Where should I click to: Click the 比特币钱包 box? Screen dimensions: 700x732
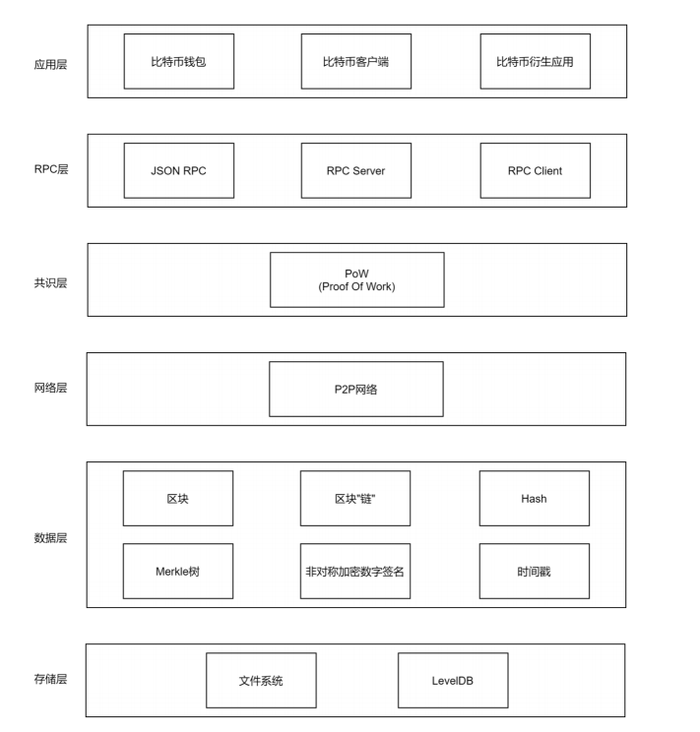click(179, 61)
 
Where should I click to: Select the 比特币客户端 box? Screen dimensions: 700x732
click(356, 61)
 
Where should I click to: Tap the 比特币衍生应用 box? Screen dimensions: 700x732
click(535, 61)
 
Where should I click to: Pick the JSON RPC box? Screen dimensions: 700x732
click(179, 170)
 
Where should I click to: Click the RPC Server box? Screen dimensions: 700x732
click(356, 170)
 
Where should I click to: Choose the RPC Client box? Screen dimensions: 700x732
click(535, 170)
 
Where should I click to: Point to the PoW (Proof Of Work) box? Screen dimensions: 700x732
click(357, 279)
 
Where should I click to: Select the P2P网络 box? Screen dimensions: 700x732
click(356, 389)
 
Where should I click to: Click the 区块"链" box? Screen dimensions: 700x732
click(355, 498)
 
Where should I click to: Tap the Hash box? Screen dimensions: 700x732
click(535, 498)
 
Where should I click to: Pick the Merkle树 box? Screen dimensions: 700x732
click(178, 571)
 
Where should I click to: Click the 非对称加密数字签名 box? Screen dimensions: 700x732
click(355, 571)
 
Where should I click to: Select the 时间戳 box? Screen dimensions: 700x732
click(535, 571)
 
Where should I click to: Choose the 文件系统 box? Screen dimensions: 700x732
click(261, 680)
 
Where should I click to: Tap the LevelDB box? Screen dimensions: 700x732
click(453, 680)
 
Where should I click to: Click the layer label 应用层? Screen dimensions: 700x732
click(50, 64)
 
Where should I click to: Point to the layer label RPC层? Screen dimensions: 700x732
click(51, 169)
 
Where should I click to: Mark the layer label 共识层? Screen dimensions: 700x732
click(50, 283)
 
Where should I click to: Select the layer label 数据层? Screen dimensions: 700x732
click(50, 538)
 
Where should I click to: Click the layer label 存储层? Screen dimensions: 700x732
click(50, 679)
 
